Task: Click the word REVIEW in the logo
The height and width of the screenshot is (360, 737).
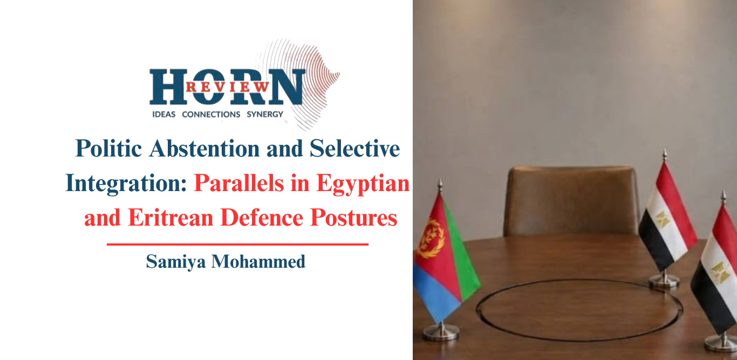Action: coord(228,87)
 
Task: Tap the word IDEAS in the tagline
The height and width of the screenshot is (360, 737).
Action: coord(163,114)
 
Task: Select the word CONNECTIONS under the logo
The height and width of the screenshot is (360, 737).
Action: coord(211,114)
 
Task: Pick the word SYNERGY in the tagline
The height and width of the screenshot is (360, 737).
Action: coord(265,114)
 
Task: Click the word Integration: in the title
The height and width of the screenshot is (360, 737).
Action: coord(126,184)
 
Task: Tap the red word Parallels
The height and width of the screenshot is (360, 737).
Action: coord(239,183)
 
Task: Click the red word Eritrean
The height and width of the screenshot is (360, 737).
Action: coord(170,218)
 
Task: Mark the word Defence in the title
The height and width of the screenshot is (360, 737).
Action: coord(262,218)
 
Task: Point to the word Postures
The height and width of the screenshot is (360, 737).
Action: coord(354,218)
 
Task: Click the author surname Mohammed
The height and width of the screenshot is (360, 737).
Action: coord(258,262)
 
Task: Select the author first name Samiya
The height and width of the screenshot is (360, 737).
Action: coord(176,262)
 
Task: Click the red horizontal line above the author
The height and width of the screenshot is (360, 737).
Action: coord(237,244)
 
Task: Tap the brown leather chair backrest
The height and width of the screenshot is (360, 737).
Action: coord(572,201)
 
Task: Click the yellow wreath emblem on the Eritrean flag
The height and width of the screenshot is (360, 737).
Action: coord(431,239)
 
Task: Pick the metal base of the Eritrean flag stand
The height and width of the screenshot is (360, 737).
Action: coord(441,333)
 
